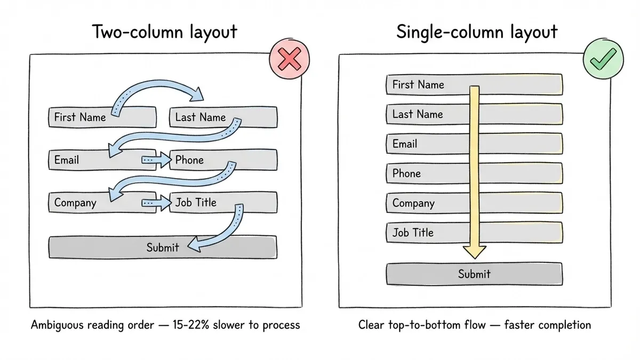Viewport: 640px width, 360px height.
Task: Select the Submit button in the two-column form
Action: coord(163,247)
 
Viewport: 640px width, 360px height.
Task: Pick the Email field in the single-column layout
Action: coord(427,144)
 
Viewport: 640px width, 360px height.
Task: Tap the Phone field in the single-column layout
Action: coord(427,173)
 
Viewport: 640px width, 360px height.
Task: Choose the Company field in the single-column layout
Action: coord(427,203)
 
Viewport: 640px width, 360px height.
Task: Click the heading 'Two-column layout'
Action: coord(165,32)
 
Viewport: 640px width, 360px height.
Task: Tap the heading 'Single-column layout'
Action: coord(477,32)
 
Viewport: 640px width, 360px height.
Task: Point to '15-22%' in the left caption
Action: coord(189,325)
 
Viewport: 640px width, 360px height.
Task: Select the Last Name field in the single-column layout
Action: coord(427,114)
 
